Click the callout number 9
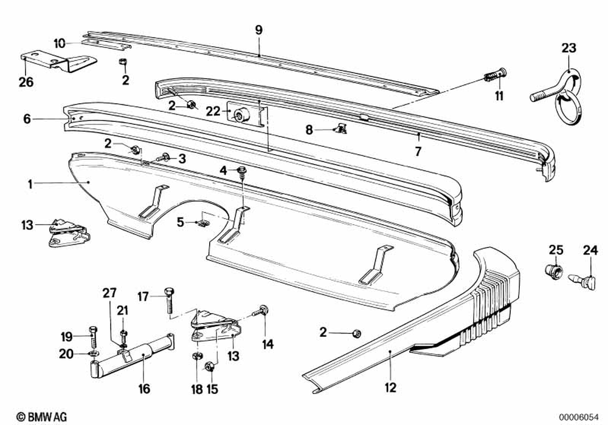point(259,29)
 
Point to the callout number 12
point(390,387)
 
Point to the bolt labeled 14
point(263,310)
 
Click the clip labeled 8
point(341,127)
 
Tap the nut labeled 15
point(209,366)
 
